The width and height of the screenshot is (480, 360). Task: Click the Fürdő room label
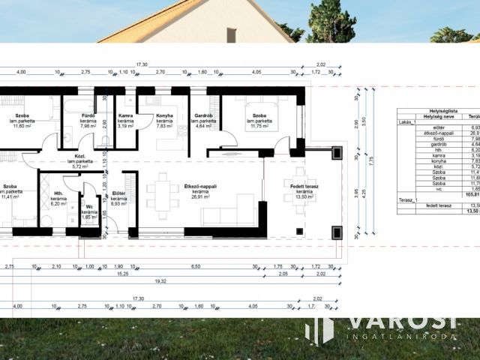(x=88, y=115)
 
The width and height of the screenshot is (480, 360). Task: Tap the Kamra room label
(x=126, y=115)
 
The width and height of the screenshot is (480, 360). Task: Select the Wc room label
(x=89, y=207)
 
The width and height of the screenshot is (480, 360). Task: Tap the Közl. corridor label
(x=80, y=155)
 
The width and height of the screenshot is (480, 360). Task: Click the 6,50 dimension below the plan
(x=196, y=266)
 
